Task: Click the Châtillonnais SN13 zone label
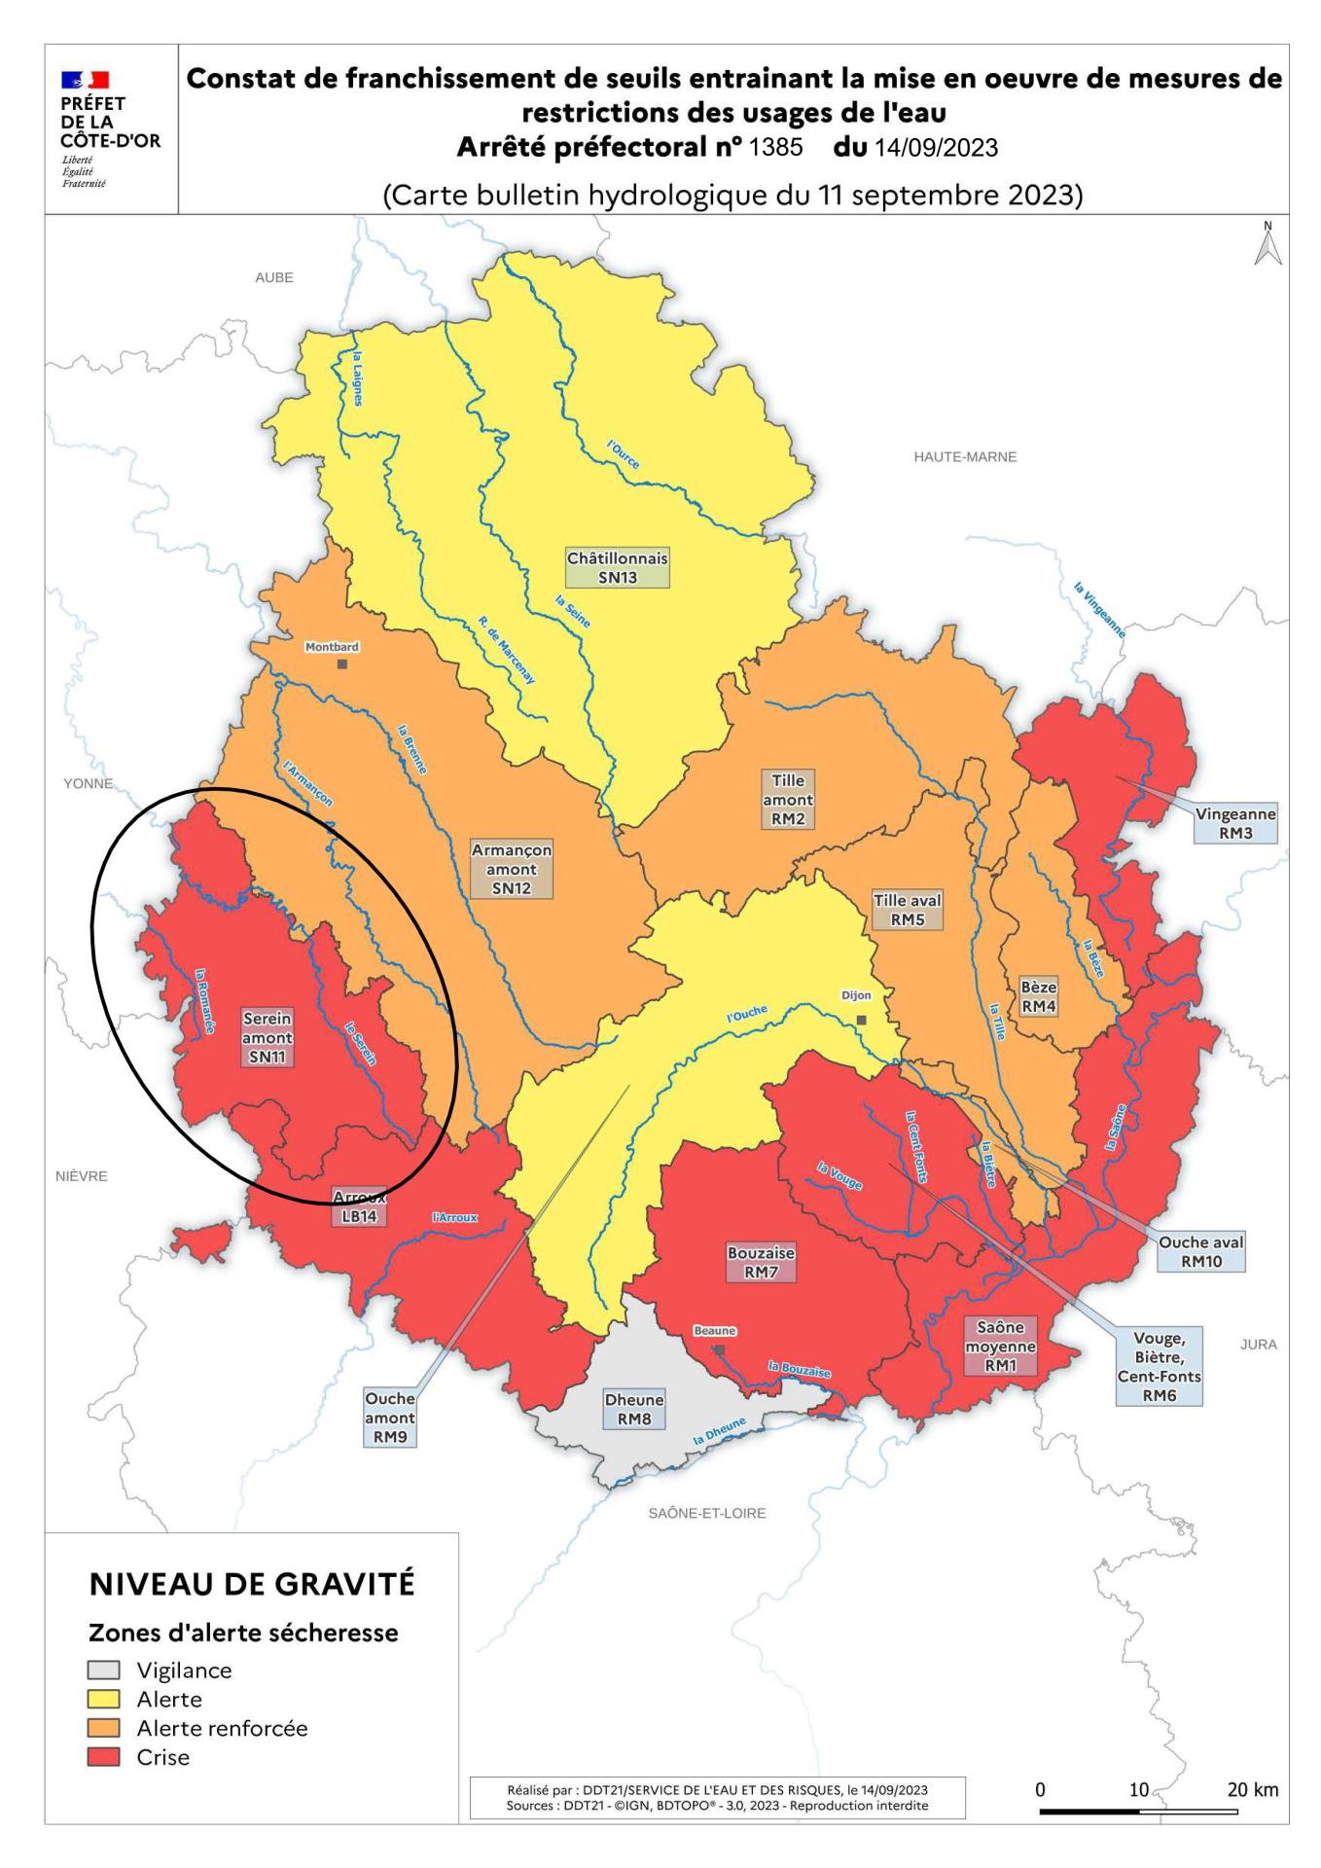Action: click(x=618, y=568)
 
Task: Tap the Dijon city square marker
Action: click(x=861, y=1020)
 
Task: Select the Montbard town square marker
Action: click(x=341, y=664)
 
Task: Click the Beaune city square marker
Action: click(x=719, y=1350)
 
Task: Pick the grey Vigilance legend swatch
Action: click(x=104, y=1670)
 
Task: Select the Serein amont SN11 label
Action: click(x=268, y=1037)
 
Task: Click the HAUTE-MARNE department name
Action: click(x=965, y=456)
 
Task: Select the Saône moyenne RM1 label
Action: click(x=1000, y=1347)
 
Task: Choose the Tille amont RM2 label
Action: click(x=788, y=801)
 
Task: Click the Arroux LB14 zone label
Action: click(x=359, y=1207)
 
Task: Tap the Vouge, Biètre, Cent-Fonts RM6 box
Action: click(x=1159, y=1367)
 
